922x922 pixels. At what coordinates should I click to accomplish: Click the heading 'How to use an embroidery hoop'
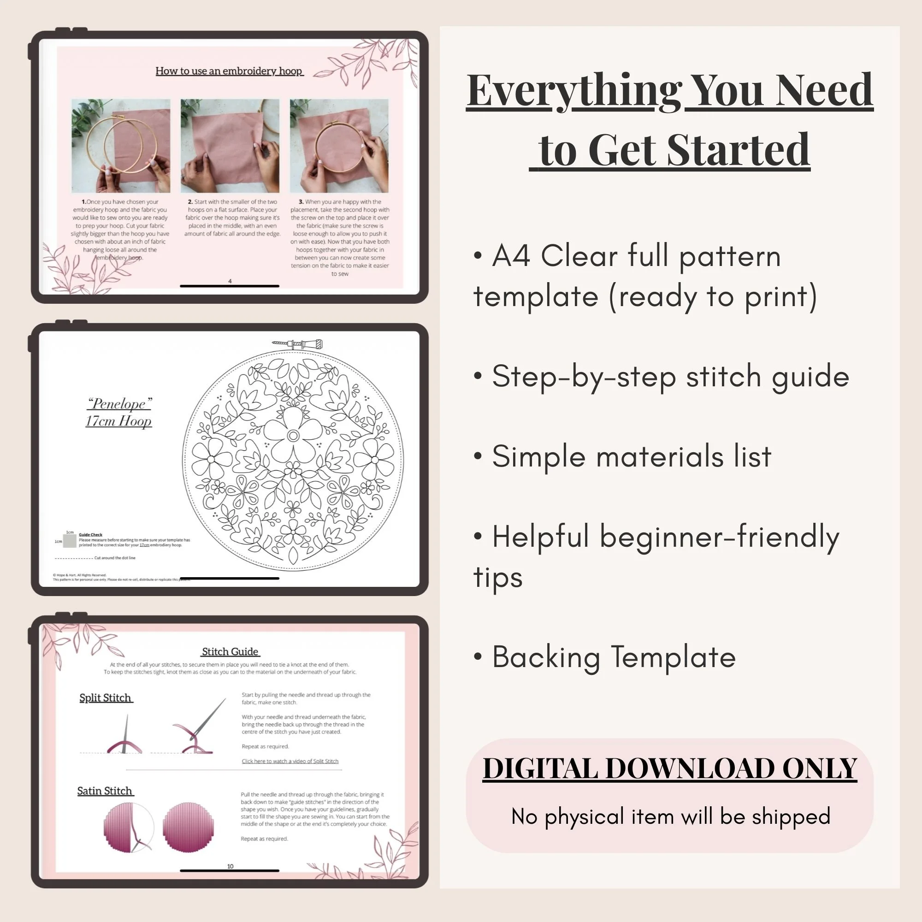pos(229,71)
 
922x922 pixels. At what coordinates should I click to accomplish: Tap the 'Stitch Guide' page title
pos(230,651)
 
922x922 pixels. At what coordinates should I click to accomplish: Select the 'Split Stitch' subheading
pos(106,697)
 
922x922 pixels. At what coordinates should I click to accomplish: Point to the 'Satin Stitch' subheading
pos(105,791)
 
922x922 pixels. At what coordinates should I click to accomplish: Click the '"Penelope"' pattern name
pos(119,404)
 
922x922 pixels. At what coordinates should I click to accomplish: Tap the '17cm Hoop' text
pos(119,421)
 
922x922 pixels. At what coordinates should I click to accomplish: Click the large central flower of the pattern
pos(293,435)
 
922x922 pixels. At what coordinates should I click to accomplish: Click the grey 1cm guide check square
pos(70,541)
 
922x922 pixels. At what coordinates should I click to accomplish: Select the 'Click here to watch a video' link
pos(290,761)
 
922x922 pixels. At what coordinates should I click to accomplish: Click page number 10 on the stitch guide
pos(230,866)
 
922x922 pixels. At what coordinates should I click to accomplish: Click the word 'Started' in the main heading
pos(738,150)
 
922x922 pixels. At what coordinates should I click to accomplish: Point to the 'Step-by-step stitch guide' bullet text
pos(670,377)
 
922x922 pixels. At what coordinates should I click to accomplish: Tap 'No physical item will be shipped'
pos(670,816)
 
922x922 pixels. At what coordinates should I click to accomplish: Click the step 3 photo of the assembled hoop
pos(339,146)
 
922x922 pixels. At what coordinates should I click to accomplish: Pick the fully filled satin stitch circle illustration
pos(188,827)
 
